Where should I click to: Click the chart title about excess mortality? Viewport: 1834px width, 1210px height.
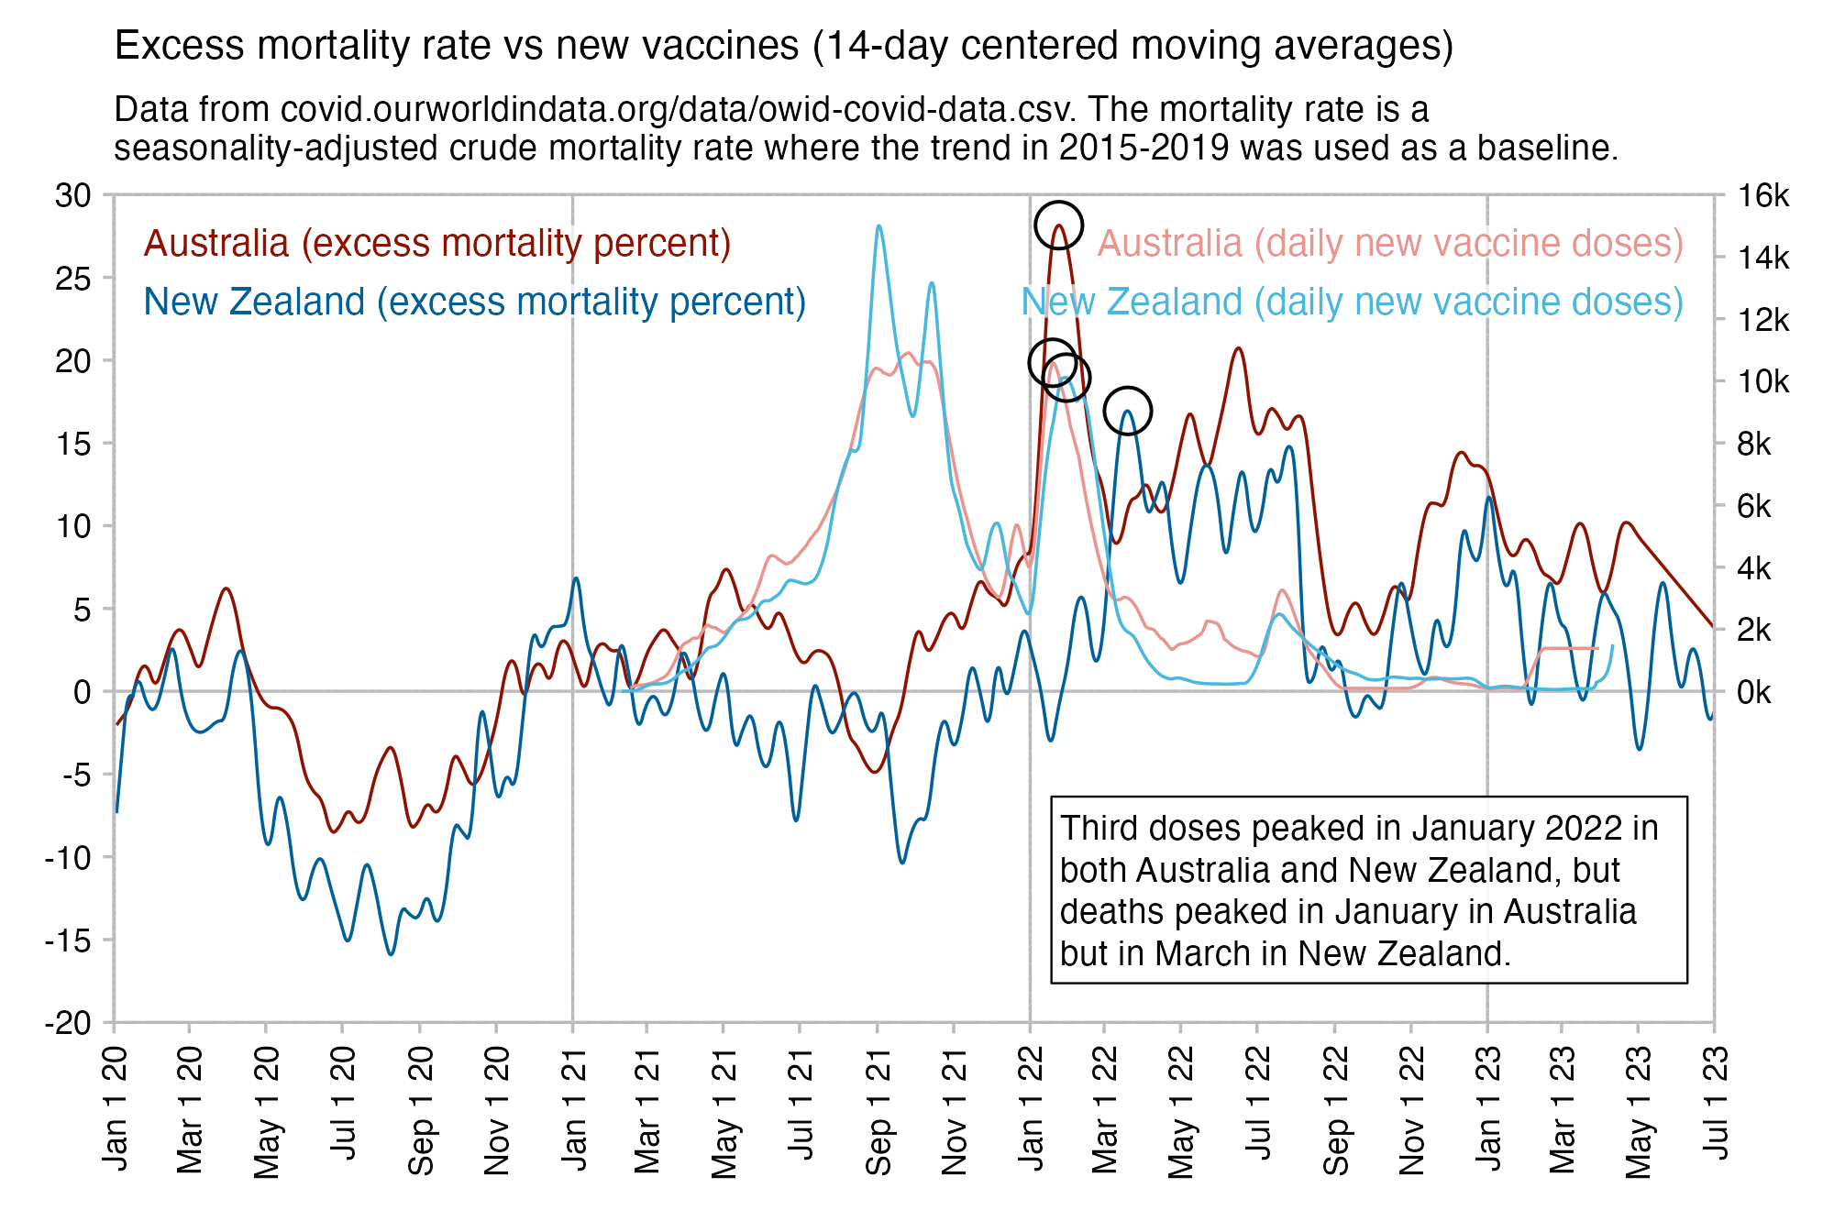(x=784, y=46)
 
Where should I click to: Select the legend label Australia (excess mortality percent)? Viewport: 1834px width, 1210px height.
(x=437, y=244)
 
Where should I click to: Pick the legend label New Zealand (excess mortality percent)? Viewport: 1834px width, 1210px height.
(x=474, y=302)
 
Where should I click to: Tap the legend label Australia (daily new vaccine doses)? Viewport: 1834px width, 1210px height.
(x=1390, y=244)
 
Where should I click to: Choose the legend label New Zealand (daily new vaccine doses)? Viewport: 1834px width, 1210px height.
(x=1353, y=302)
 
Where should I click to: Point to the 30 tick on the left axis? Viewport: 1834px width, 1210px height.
(x=73, y=195)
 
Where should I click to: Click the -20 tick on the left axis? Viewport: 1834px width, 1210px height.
(x=68, y=1023)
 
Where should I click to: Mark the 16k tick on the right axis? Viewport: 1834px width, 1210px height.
(x=1762, y=195)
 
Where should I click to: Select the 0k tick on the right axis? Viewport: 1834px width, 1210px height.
(x=1754, y=692)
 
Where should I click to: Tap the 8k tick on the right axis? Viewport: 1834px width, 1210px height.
(x=1754, y=444)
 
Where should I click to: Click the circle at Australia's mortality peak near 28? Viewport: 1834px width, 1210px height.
(x=1059, y=225)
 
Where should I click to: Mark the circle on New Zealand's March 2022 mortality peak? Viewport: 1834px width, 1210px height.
(x=1128, y=411)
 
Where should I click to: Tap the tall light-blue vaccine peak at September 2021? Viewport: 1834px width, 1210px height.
(x=878, y=227)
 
